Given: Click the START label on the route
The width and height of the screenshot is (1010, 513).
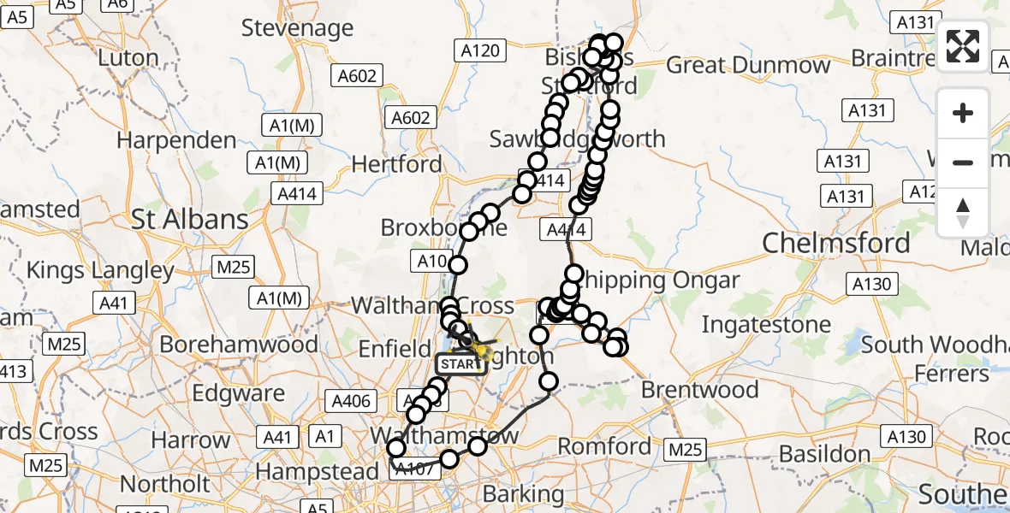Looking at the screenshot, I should coord(461,364).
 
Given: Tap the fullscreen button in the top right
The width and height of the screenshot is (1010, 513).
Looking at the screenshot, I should coord(963,46).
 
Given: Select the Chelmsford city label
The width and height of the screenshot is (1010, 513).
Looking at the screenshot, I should coord(836,244).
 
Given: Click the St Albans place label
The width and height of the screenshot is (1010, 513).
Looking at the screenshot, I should coord(190,220).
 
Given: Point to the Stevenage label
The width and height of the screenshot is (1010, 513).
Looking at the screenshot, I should coord(297,28).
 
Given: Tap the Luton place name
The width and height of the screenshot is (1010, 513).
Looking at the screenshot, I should coord(129,58).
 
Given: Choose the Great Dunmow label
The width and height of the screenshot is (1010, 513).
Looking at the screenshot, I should coord(748,65).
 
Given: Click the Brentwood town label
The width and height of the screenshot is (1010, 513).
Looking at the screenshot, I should coord(699,390).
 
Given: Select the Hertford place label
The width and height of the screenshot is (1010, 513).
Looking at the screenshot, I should coord(397,164).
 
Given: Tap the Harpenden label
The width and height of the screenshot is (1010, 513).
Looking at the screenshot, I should coord(176,140).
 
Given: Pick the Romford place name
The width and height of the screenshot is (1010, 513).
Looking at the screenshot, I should coord(605,446).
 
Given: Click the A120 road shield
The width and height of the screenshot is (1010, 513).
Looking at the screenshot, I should coord(479,51).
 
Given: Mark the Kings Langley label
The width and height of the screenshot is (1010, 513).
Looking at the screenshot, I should coord(100,271).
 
